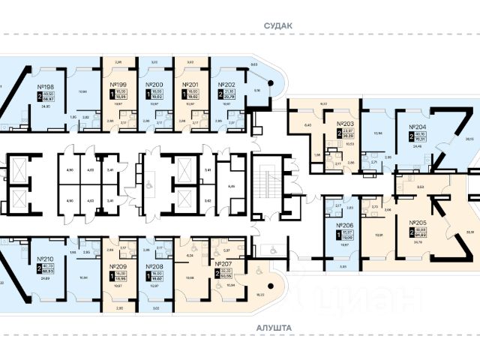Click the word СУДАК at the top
point(278,25)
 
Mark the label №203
point(346,123)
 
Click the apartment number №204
point(417,127)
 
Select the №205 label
point(418,223)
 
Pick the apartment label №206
point(345,224)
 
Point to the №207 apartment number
point(223,265)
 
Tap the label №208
point(155,266)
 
